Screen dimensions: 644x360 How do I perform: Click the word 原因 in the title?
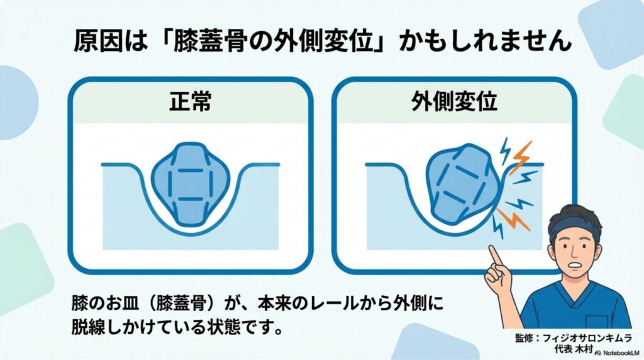click(x=98, y=42)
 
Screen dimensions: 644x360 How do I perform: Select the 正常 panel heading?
click(x=190, y=101)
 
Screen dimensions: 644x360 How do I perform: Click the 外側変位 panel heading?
click(x=454, y=101)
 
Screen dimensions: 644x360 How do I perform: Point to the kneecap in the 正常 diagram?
click(x=190, y=183)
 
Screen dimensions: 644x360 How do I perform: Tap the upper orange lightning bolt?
click(x=521, y=157)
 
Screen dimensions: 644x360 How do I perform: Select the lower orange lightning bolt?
click(x=512, y=219)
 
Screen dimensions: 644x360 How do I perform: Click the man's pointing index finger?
click(x=496, y=256)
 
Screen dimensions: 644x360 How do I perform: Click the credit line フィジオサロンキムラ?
click(x=587, y=338)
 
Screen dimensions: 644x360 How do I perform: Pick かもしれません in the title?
click(x=486, y=42)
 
